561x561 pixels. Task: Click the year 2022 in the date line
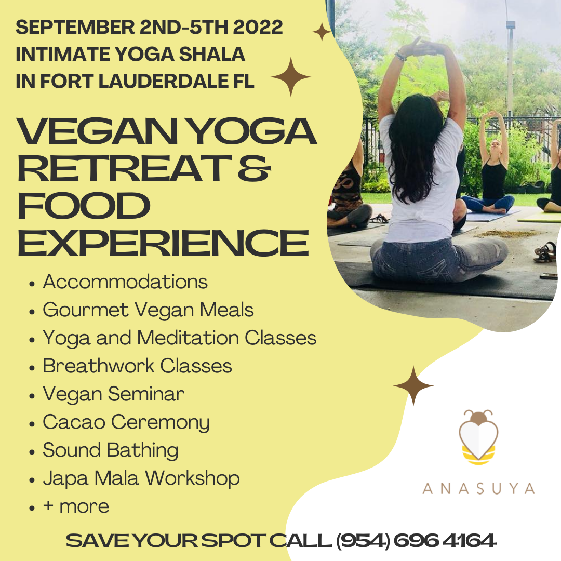tap(258, 27)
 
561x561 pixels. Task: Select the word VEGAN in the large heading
tap(97, 131)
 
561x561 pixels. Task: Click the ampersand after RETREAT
tap(254, 168)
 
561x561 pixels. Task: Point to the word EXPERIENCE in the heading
tap(163, 244)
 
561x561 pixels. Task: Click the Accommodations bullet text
tap(125, 282)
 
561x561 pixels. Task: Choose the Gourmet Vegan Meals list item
tap(148, 310)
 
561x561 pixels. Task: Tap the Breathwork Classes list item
tap(137, 366)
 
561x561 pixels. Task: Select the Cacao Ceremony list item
tap(126, 422)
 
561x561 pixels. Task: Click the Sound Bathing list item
tap(111, 450)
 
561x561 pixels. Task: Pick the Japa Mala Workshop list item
tap(141, 478)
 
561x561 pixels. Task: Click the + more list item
tap(76, 506)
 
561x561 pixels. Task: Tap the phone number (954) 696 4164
tap(416, 540)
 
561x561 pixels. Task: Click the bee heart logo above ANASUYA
tap(478, 437)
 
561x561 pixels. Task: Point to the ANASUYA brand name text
tap(478, 489)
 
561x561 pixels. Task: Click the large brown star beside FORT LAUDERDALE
tap(290, 77)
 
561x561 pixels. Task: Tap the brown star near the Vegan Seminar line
tap(413, 385)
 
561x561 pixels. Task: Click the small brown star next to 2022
tap(322, 32)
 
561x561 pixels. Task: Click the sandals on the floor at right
tap(545, 252)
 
